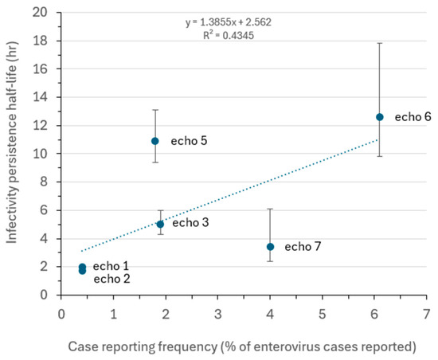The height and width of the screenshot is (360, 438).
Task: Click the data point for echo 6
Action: (380, 117)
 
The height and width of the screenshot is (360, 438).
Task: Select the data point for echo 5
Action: (155, 141)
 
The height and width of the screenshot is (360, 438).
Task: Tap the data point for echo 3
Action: (160, 224)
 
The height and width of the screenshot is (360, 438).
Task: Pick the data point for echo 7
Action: (271, 247)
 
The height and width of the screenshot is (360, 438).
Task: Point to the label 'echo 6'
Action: (413, 117)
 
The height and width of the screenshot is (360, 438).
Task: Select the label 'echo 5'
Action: (189, 141)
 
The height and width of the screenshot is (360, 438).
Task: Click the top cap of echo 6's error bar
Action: (380, 43)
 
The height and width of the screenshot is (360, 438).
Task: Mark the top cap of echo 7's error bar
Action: (271, 209)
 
